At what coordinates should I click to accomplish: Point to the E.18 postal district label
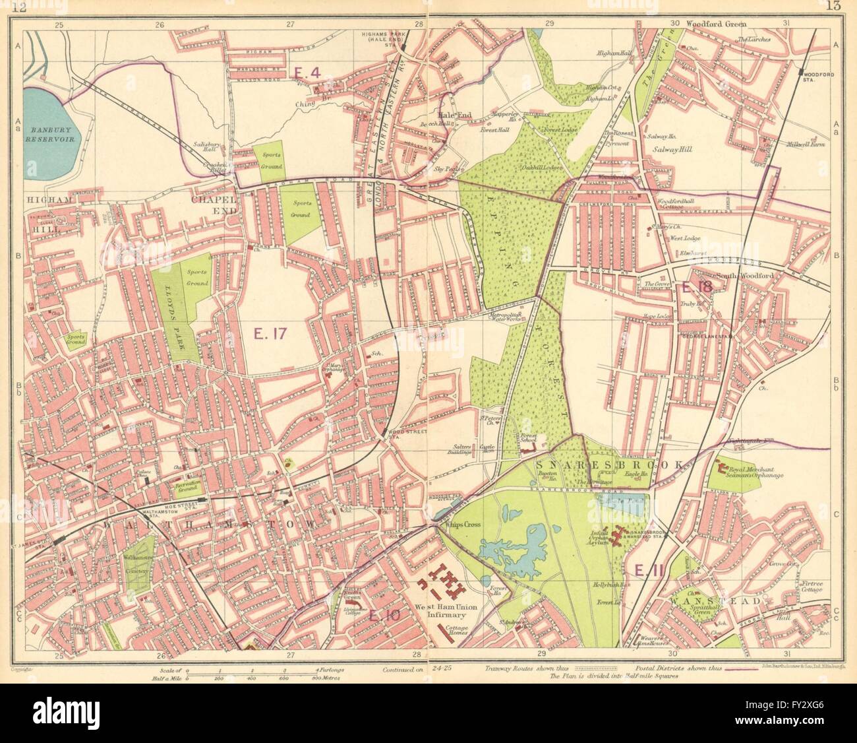(x=697, y=287)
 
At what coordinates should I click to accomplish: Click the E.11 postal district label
(x=642, y=569)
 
